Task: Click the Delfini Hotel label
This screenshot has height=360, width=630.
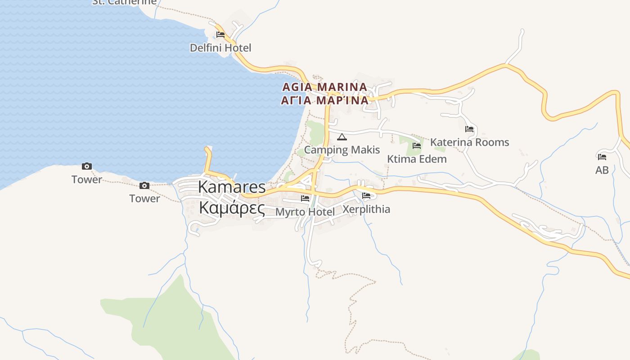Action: click(220, 48)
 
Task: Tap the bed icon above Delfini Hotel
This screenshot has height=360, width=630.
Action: click(220, 34)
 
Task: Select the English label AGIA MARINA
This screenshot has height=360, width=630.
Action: click(324, 86)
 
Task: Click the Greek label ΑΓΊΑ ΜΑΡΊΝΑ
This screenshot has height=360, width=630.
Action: click(324, 100)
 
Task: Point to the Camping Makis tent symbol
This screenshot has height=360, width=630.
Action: click(342, 137)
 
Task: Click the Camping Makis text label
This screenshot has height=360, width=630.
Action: click(342, 150)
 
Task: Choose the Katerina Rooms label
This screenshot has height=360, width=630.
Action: click(469, 142)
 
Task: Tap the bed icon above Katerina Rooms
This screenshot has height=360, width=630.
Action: click(469, 129)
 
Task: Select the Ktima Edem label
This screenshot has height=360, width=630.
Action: click(417, 159)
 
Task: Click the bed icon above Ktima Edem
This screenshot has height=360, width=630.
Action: click(417, 145)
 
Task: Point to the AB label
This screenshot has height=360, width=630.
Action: click(602, 170)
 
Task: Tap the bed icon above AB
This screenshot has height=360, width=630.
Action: click(602, 157)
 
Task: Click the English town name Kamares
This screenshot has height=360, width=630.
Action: click(232, 187)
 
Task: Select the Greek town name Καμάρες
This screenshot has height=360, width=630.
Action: click(232, 208)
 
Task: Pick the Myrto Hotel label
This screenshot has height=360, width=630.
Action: click(305, 211)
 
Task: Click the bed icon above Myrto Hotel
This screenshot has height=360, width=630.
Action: click(305, 198)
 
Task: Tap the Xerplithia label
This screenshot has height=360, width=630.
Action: click(366, 209)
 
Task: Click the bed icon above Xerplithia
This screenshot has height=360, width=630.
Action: click(366, 196)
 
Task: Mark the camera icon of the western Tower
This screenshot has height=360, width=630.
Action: click(87, 166)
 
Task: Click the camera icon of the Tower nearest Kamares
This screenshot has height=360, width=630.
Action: click(144, 185)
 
